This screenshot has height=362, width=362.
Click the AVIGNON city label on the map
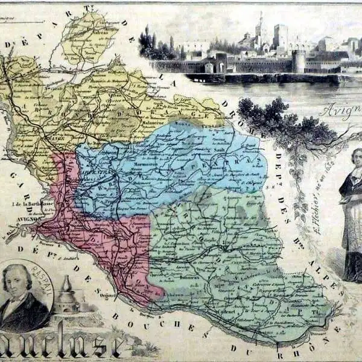click(x=28, y=220)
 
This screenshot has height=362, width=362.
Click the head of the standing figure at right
click(x=357, y=159)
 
